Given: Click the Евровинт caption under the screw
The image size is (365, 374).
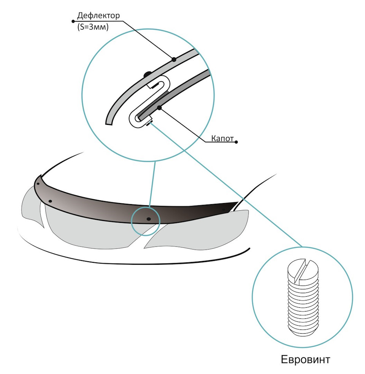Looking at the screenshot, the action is (305, 360).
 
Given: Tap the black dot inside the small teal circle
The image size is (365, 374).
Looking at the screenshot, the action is (148, 219).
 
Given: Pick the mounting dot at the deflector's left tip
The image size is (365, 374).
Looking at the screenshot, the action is (38, 184).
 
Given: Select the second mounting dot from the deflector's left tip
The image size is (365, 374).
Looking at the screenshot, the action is (51, 201).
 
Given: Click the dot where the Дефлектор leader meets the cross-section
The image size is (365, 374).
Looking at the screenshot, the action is (174, 59).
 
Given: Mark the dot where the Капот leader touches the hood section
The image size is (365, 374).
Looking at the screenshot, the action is (160, 109).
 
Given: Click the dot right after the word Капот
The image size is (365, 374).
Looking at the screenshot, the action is (236, 142).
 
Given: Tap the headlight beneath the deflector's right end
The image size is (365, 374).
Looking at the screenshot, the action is (198, 236).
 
